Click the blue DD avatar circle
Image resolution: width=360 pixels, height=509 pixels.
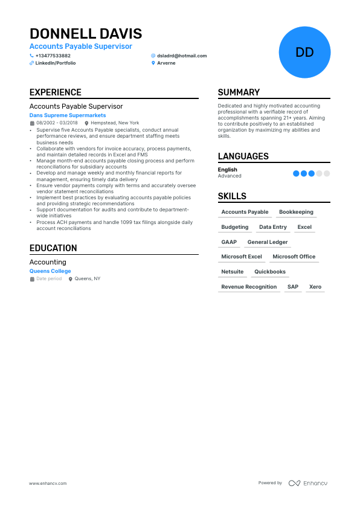[304, 52]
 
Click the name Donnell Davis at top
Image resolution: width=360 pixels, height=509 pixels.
[86, 33]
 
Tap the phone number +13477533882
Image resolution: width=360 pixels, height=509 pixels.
[53, 56]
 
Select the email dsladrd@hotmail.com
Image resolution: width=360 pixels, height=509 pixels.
[182, 56]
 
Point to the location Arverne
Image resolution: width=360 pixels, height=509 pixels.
[166, 63]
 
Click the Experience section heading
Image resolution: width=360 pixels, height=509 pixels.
[56, 92]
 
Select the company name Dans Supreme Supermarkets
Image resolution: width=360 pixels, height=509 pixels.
[68, 115]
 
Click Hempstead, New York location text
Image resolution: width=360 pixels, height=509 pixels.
[115, 123]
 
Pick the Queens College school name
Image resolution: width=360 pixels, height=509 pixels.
[50, 271]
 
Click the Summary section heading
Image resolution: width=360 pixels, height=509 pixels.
[239, 92]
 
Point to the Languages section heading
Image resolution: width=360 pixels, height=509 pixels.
[243, 156]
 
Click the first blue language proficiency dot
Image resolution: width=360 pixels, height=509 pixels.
[296, 173]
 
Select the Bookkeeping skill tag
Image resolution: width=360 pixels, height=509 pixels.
[296, 212]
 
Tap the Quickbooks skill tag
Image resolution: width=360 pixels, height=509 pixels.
[270, 272]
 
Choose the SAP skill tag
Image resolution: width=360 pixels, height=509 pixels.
[293, 287]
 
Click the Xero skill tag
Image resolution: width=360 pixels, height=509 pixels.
[315, 287]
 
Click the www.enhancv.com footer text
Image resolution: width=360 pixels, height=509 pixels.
[48, 483]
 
